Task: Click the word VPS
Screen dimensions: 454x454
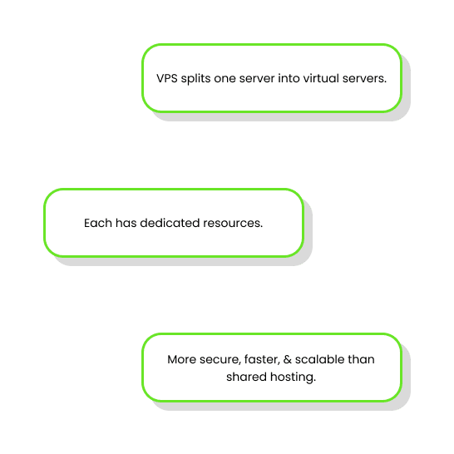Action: [x=167, y=78]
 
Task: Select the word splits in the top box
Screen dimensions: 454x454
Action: [x=195, y=79]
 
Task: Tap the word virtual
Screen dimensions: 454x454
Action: [x=321, y=78]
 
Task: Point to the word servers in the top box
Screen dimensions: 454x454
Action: [x=364, y=79]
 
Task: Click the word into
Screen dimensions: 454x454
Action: [x=289, y=78]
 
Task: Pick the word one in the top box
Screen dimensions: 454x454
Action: [x=225, y=79]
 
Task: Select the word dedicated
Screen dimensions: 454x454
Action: [x=170, y=223]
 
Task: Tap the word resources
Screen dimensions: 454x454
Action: [x=233, y=224]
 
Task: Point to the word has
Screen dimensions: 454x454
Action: [x=126, y=223]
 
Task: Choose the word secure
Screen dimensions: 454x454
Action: [x=220, y=360]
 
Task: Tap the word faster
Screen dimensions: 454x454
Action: [x=262, y=359]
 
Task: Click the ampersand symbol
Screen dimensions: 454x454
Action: [x=288, y=359]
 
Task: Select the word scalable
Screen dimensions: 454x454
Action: [x=319, y=359]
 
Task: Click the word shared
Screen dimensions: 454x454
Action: [x=246, y=377]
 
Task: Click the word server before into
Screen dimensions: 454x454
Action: [x=257, y=79]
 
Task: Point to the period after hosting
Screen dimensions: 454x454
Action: [x=314, y=381]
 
